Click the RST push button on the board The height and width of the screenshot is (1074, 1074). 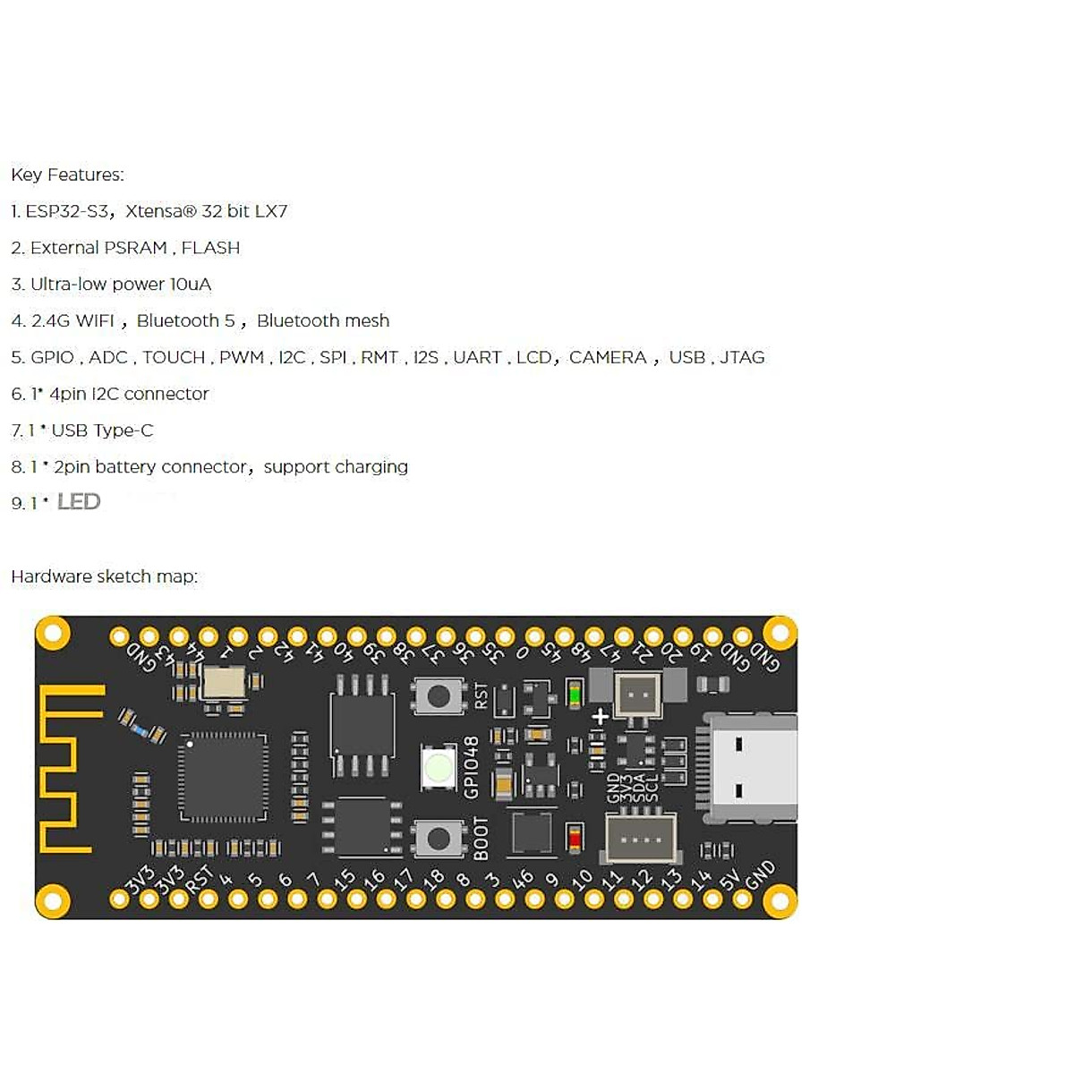(x=439, y=696)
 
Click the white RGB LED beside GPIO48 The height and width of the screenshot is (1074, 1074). (x=439, y=767)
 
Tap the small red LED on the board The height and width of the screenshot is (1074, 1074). (x=575, y=840)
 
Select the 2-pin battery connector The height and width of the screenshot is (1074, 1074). (x=637, y=695)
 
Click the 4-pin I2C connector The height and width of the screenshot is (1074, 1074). (x=641, y=839)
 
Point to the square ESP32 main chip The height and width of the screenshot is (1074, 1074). (x=224, y=776)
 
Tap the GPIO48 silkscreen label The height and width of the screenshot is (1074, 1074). (x=472, y=767)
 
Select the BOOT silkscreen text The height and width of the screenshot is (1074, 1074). (x=481, y=839)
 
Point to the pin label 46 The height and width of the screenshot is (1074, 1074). (x=523, y=879)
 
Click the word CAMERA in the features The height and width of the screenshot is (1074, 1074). (x=608, y=357)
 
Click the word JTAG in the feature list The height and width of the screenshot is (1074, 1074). (x=742, y=357)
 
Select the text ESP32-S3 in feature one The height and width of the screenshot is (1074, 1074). (x=67, y=211)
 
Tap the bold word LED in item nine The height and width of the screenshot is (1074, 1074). (x=79, y=502)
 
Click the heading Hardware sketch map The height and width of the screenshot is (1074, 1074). (x=104, y=576)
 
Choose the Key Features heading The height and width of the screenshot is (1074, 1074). (x=67, y=175)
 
